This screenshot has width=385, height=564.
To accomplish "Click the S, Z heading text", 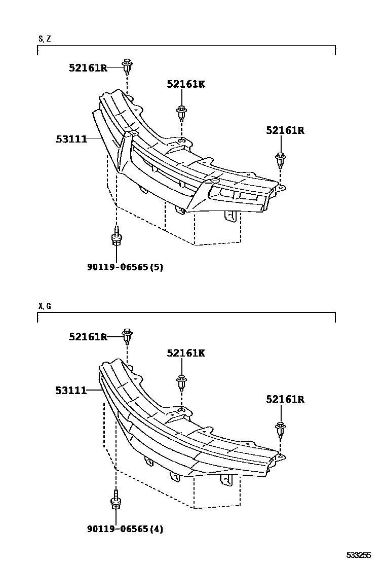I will click(44, 39).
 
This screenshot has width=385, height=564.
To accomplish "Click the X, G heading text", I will click(45, 306).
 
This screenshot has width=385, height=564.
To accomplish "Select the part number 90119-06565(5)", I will click(125, 267).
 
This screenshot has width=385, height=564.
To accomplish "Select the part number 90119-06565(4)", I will click(125, 529).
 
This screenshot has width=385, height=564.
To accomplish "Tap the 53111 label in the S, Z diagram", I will click(71, 138).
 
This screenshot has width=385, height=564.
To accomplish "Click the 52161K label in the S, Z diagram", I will click(186, 84).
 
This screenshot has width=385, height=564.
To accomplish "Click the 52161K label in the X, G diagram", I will click(186, 353).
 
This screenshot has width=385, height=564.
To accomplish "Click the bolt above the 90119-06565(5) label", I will click(117, 237).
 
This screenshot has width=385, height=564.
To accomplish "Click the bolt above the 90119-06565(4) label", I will click(116, 500).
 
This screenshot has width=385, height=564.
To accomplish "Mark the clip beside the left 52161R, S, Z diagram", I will click(127, 66).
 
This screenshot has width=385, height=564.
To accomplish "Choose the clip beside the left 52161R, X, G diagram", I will click(127, 336).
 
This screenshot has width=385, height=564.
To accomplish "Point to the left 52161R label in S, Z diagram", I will click(88, 67).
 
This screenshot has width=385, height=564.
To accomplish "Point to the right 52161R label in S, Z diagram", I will click(285, 130).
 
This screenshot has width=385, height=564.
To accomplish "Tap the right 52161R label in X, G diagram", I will click(285, 399).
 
